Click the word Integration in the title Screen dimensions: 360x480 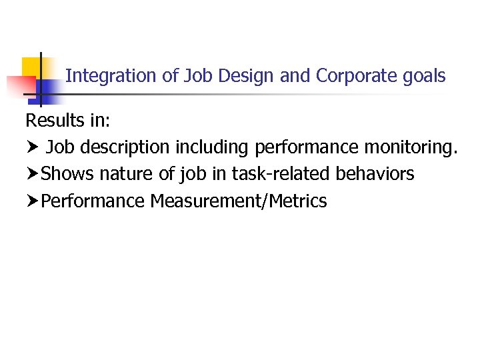pyautogui.click(x=112, y=76)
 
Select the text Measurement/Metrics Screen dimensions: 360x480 pyautogui.click(x=239, y=201)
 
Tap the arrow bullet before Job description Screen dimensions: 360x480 pyautogui.click(x=32, y=147)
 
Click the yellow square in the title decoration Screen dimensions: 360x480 pyautogui.click(x=31, y=67)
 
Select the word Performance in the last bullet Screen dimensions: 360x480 pyautogui.click(x=93, y=201)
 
